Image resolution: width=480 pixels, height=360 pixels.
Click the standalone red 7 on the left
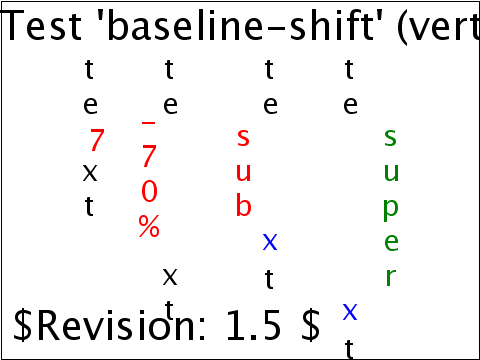click(x=97, y=141)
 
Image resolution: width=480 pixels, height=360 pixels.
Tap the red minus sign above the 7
click(x=149, y=123)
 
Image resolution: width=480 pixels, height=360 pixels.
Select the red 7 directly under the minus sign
click(x=149, y=157)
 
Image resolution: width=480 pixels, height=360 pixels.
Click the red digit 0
click(x=149, y=192)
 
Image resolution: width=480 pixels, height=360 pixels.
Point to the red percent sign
click(x=149, y=227)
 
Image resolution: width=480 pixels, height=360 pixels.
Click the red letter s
click(x=243, y=138)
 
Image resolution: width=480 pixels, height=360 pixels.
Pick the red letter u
click(x=243, y=172)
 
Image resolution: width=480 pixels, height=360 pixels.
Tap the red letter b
click(x=243, y=206)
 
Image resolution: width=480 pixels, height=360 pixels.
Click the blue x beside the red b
click(x=270, y=242)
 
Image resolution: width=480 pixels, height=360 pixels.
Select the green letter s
click(x=390, y=138)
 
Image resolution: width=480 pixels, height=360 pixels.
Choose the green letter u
click(x=390, y=172)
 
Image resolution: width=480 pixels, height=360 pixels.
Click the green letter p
click(x=390, y=208)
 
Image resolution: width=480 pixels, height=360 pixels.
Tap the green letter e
click(x=390, y=242)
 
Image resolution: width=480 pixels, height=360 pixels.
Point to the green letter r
click(x=390, y=276)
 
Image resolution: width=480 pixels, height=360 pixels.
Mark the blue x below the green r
click(x=350, y=311)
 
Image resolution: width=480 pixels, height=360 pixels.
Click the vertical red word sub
click(x=243, y=172)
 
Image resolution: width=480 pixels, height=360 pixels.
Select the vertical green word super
click(x=390, y=207)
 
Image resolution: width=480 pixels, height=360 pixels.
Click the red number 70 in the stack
click(x=149, y=175)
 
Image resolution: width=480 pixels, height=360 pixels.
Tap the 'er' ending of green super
click(x=390, y=259)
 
